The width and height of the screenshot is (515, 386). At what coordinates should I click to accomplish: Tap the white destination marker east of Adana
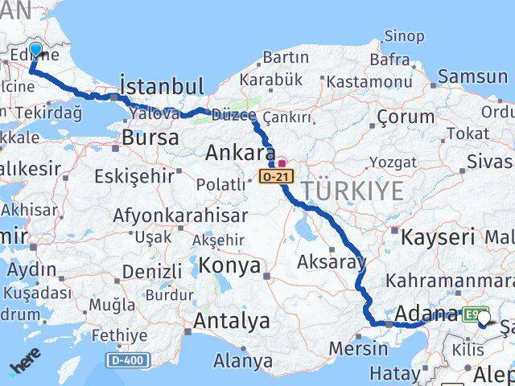click(483, 318)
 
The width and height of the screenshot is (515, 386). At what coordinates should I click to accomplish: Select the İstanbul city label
click(162, 86)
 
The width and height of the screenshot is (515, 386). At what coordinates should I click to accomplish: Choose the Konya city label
click(229, 265)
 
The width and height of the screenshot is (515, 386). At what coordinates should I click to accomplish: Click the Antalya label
click(232, 321)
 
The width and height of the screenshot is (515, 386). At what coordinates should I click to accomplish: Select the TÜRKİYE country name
click(351, 191)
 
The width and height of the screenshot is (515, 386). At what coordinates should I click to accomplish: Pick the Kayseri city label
click(438, 237)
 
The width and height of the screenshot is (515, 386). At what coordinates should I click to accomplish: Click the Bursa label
click(150, 138)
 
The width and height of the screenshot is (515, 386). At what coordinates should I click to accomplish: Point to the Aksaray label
click(332, 261)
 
